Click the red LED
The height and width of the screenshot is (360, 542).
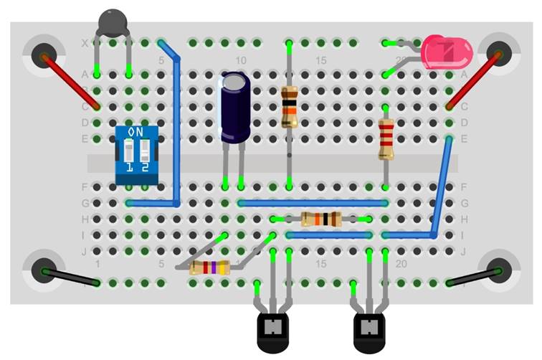[x=444, y=52]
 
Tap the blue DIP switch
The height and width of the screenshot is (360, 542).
[x=137, y=155]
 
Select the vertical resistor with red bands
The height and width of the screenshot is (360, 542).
[x=386, y=138]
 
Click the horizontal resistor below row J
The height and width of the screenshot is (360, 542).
[x=209, y=268]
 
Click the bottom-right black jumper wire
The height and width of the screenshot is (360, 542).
[x=473, y=277]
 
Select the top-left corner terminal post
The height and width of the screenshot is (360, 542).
[x=44, y=53]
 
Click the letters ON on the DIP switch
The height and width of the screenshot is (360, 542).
[x=135, y=132]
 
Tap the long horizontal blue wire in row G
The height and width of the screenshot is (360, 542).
[x=313, y=204]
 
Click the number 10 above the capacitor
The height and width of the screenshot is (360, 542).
[x=241, y=60]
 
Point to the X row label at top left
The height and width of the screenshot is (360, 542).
[x=85, y=44]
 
